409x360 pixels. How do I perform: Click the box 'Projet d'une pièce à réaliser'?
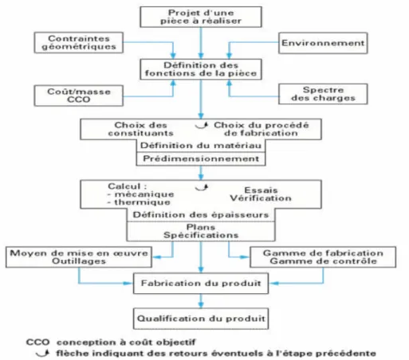coord(201,17)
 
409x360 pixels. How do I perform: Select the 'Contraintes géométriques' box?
coord(79,43)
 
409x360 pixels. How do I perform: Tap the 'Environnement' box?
coord(323,43)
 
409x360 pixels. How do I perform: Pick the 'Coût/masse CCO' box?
coord(79,96)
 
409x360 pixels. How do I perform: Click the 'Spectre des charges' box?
coord(323,94)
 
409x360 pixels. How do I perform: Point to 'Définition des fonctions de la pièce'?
coord(201,69)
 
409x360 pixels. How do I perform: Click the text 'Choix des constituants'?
coord(140,129)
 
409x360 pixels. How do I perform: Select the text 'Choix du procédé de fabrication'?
coord(262,129)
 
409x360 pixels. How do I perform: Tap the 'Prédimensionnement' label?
coord(201,158)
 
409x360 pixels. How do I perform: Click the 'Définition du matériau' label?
coord(201,146)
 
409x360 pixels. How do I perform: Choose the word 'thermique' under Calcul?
coord(143,202)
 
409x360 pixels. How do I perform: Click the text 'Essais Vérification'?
coord(261,194)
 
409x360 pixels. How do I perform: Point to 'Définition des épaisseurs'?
coord(201,215)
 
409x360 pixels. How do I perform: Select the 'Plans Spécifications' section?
coord(201,231)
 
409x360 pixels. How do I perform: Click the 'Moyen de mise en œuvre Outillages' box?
coord(79,257)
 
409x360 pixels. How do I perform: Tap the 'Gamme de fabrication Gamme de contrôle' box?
coord(323,257)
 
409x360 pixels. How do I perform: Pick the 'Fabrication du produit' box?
coord(201,284)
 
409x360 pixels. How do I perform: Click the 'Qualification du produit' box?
coord(201,319)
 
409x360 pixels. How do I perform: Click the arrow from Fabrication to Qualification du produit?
coord(201,301)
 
